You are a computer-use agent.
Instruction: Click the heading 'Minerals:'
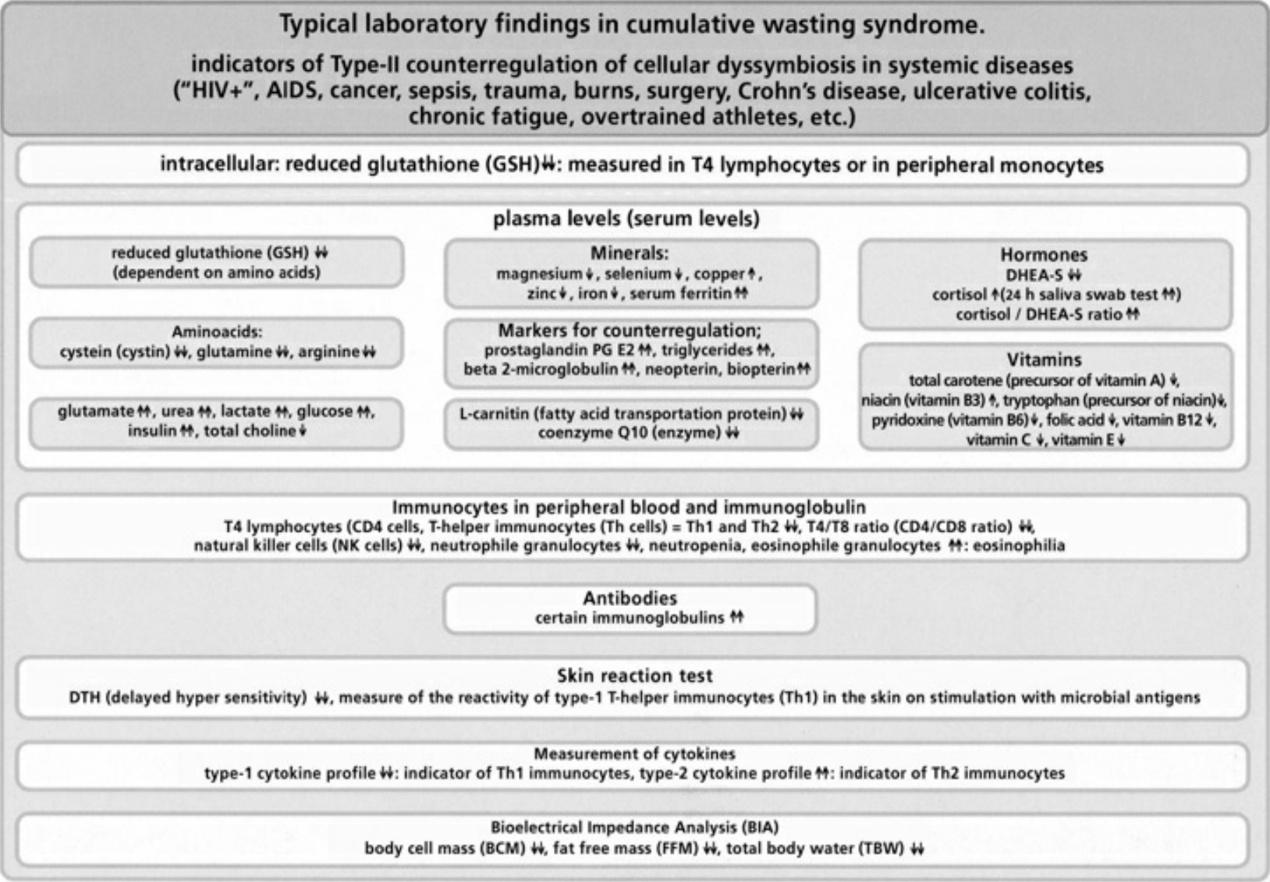tap(630, 253)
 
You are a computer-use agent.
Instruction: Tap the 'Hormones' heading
tap(1044, 255)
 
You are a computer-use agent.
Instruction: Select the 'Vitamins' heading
tap(1044, 360)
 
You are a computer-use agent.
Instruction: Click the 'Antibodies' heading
tap(630, 598)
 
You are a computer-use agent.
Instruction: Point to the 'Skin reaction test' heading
tap(634, 675)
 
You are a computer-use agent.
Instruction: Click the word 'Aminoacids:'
tap(217, 332)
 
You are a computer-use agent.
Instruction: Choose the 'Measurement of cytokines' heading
tap(634, 753)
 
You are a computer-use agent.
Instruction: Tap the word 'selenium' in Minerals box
tap(637, 274)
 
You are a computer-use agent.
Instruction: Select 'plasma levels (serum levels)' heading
tap(626, 219)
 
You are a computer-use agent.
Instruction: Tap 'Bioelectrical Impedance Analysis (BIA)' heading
tap(634, 827)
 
